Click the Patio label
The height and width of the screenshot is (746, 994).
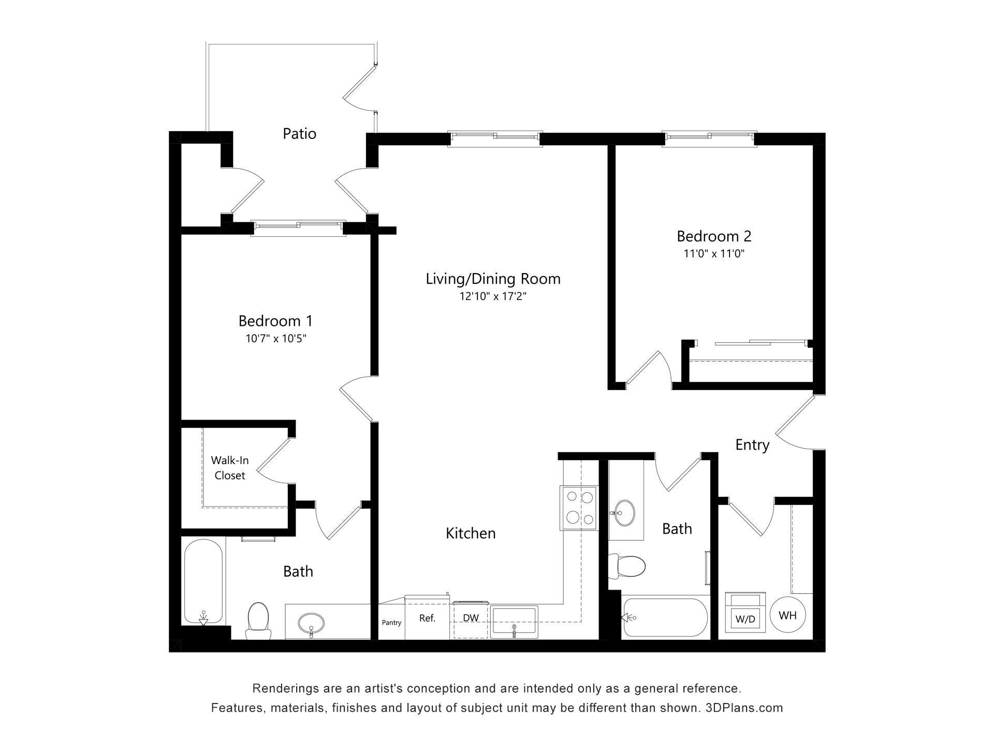[x=299, y=134]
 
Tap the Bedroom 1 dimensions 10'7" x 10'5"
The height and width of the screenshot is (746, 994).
[x=276, y=339]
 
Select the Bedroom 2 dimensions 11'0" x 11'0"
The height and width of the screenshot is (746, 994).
[x=713, y=254]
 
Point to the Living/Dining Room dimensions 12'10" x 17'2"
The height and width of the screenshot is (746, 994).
[x=492, y=297]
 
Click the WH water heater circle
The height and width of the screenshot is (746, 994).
[x=787, y=615]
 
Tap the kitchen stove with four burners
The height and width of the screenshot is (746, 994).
[x=579, y=508]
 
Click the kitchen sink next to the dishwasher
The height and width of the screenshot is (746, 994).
[x=514, y=622]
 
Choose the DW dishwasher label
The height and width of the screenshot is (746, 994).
[x=471, y=618]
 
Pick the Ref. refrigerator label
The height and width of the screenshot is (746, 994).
[x=427, y=618]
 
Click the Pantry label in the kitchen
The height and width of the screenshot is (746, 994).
[x=391, y=623]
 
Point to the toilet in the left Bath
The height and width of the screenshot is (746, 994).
[x=258, y=621]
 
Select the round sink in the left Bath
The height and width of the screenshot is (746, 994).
[x=311, y=621]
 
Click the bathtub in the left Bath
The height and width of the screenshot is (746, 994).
[x=203, y=582]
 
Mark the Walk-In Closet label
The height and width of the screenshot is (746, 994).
[x=229, y=468]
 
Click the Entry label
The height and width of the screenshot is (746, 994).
[x=752, y=445]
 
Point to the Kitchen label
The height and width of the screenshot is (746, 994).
[x=471, y=533]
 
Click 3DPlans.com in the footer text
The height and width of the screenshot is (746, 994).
[x=744, y=708]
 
